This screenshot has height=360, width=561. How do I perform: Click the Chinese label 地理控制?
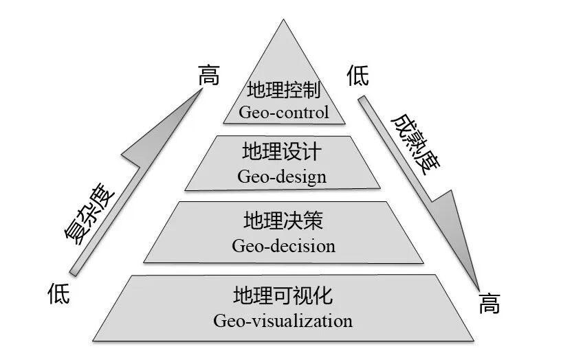coord(283,90)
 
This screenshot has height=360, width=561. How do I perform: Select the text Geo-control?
coord(283,112)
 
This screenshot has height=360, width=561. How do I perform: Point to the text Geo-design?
coord(282,177)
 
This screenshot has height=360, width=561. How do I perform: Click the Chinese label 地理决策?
coord(283,221)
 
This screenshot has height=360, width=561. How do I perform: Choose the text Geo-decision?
coord(283,245)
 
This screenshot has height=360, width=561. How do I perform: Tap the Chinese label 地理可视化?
coord(283,296)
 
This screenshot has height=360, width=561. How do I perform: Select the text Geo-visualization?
coord(283,321)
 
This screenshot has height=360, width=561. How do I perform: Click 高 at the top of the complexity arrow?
coord(208,76)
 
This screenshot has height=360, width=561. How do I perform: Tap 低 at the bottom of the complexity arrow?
coord(59,294)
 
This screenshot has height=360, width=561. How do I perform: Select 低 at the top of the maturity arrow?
coord(358,76)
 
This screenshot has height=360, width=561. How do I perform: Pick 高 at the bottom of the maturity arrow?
coord(489,303)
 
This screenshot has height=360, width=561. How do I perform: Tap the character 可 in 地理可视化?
coord(283,296)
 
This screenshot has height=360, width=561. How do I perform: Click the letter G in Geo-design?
coord(244,177)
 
